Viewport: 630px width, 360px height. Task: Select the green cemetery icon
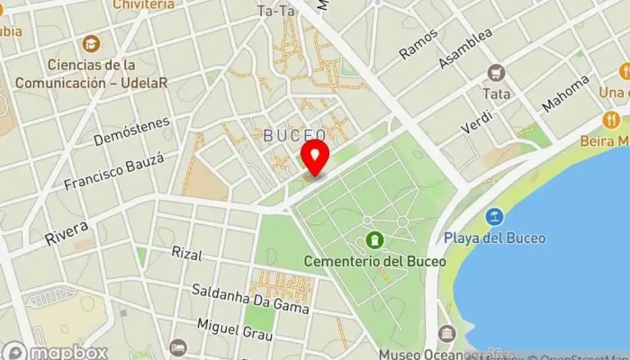(374, 240)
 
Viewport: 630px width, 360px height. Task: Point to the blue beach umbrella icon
(493, 217)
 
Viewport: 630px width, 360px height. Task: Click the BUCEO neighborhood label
(294, 135)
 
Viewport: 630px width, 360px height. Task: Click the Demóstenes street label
(131, 130)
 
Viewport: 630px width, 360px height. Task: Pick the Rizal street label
(186, 254)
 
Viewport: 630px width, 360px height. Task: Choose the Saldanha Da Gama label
(251, 298)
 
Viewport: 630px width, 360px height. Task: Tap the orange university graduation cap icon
(91, 43)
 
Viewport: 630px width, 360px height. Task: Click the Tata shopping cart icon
(495, 72)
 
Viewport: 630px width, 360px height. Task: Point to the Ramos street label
(418, 43)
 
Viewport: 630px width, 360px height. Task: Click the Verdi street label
(477, 114)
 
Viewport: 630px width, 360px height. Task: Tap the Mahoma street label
(565, 94)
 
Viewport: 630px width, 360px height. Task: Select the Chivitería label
(144, 4)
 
